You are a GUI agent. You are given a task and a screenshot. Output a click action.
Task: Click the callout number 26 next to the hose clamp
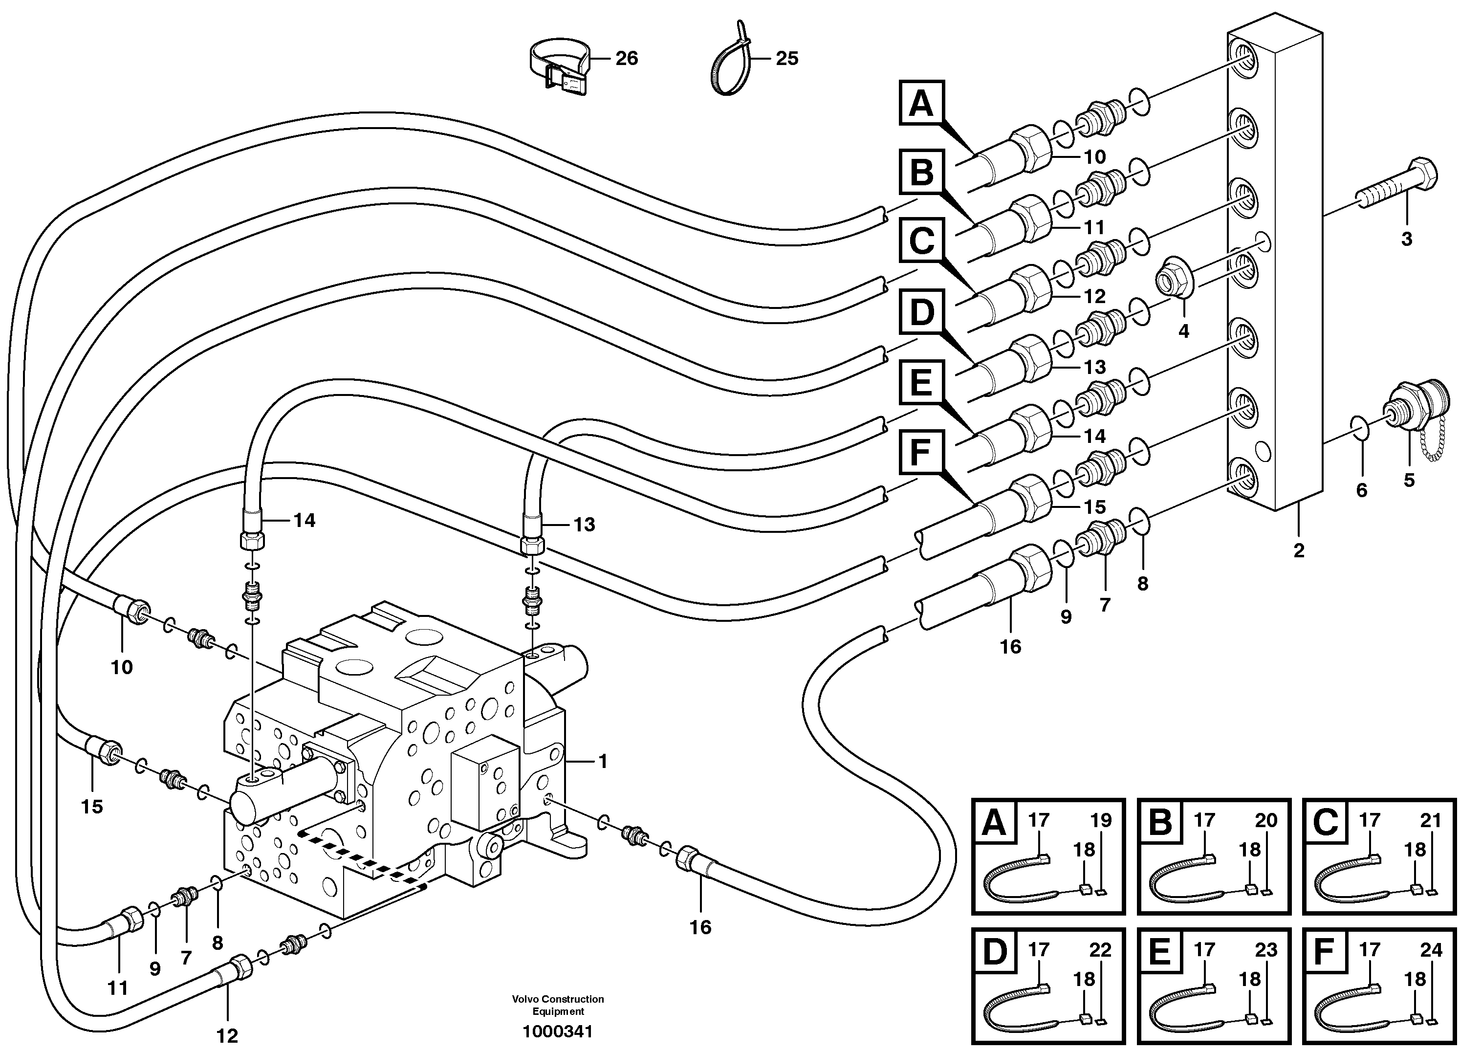click(x=626, y=59)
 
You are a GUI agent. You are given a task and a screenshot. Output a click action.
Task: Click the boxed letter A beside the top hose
click(x=921, y=103)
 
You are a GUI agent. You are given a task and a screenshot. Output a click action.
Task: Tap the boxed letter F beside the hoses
click(x=921, y=453)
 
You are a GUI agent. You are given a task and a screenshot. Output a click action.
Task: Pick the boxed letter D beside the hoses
click(x=921, y=313)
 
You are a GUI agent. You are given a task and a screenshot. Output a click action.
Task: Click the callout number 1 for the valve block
click(x=603, y=762)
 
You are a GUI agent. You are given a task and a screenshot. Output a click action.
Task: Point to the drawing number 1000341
click(x=558, y=1032)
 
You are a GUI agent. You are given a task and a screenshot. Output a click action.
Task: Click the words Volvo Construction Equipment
click(x=558, y=1005)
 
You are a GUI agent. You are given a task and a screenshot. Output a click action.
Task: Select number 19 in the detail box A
click(x=1100, y=821)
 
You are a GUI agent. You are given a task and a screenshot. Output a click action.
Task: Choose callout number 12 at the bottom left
click(x=227, y=1036)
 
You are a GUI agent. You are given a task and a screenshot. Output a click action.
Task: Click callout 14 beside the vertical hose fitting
click(x=305, y=520)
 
